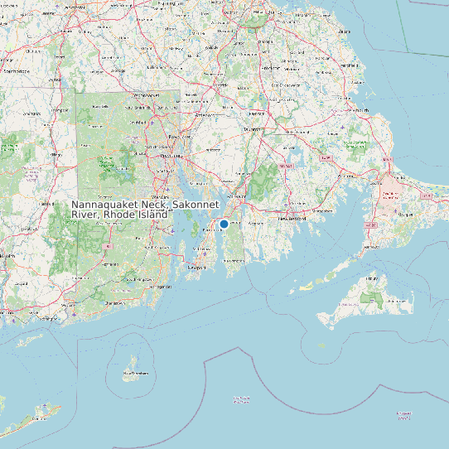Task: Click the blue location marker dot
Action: coord(224,224)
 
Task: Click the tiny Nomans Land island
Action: coord(321,345)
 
